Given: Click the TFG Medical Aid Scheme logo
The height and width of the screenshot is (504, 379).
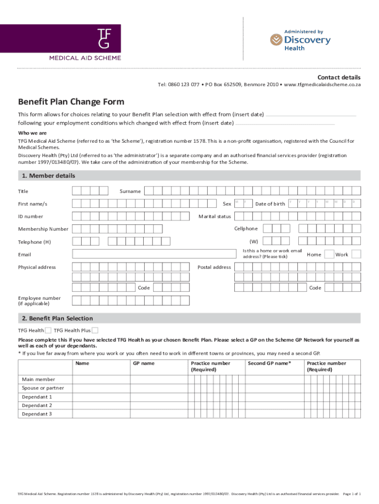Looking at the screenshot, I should [84, 42].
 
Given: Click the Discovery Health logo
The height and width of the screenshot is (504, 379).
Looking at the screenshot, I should [300, 40].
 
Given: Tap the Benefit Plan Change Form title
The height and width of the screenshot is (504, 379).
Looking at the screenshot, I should [71, 102].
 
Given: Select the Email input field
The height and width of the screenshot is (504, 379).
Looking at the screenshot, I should [154, 254].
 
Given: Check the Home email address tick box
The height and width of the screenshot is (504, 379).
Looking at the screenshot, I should [328, 254].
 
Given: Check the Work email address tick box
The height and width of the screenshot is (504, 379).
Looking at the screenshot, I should [356, 254].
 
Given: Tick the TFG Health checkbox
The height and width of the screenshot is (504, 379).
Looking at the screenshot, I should [49, 330].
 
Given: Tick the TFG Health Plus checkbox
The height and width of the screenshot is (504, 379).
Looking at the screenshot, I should [95, 330].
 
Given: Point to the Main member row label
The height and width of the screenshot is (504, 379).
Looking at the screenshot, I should [38, 379].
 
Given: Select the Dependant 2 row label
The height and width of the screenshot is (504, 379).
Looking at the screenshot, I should [37, 406].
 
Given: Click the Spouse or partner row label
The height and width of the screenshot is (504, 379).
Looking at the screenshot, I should [43, 388].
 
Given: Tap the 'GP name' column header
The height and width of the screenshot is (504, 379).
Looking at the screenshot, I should [144, 364].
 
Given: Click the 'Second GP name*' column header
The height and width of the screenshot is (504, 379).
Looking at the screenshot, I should [269, 364].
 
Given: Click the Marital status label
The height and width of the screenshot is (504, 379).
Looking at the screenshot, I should [214, 217].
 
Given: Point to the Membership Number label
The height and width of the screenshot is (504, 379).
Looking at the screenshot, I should [43, 229].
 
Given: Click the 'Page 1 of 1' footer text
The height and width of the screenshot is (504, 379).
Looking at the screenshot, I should [352, 493].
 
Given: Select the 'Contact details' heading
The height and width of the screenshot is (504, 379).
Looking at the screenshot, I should [339, 77].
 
